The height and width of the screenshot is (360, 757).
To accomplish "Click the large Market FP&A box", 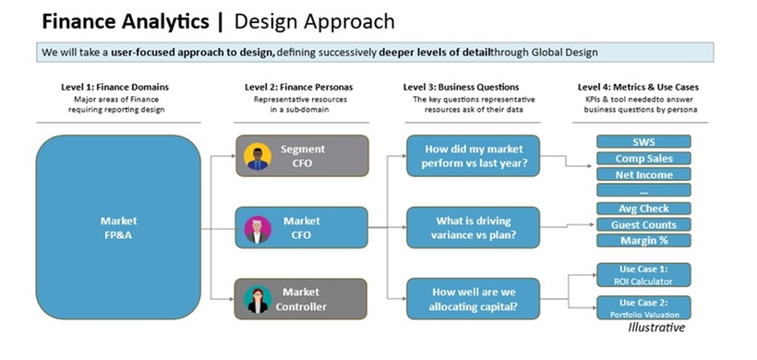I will pos(118,227).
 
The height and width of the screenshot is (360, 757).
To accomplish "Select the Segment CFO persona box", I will pos(302,155).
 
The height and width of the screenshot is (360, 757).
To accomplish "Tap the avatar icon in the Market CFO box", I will pos(258,227).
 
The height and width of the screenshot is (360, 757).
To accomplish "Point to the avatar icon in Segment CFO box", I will pos(258,156).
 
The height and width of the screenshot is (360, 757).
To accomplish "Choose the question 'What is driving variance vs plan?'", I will pos(473,227).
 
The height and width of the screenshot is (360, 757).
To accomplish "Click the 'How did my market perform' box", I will pos(473,156).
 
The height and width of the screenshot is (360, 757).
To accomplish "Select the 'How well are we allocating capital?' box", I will pos(473,298).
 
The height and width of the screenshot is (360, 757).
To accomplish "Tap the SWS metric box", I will pos(643,142).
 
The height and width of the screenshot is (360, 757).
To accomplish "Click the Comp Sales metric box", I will pos(643,158).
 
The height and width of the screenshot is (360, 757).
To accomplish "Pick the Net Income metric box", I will pos(643,174).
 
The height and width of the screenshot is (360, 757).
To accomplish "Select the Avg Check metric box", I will pos(643,209).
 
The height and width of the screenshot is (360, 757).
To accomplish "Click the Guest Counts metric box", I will pos(643,224).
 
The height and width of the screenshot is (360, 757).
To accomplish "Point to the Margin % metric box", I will pos(643,241).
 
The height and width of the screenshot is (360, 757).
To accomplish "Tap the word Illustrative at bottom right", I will pos(656,327).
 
